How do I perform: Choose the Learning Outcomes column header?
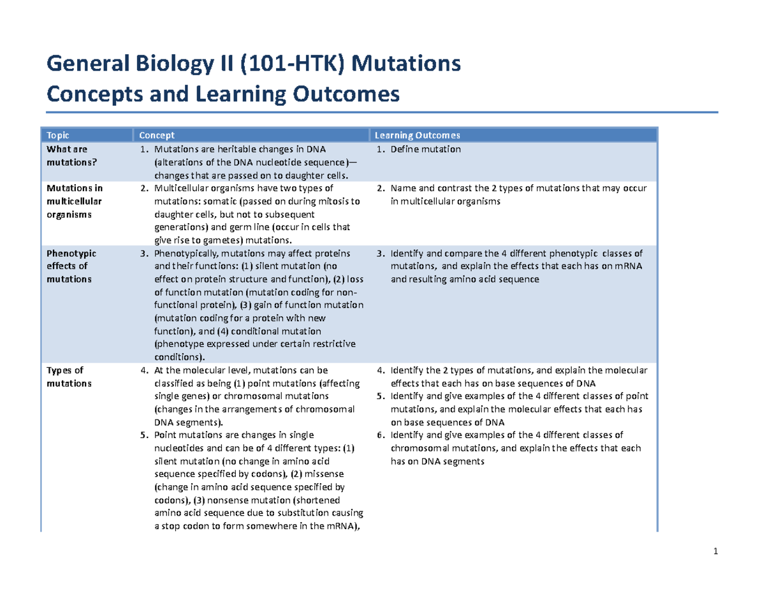[417, 135]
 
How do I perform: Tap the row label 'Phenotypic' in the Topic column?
[71, 253]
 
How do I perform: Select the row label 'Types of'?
[65, 370]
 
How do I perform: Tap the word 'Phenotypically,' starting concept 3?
[186, 253]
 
